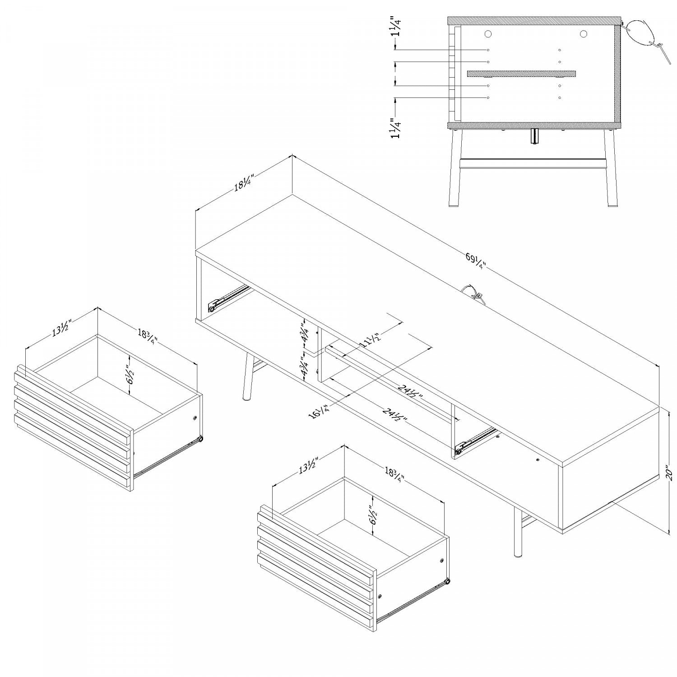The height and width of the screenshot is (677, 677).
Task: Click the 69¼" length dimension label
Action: tap(475, 261)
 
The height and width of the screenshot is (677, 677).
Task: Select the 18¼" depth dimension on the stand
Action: tap(243, 184)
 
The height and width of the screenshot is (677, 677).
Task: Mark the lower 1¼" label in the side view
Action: tap(396, 128)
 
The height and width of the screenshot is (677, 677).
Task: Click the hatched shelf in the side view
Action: tap(521, 73)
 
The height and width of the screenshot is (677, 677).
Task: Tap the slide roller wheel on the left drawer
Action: tap(200, 438)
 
